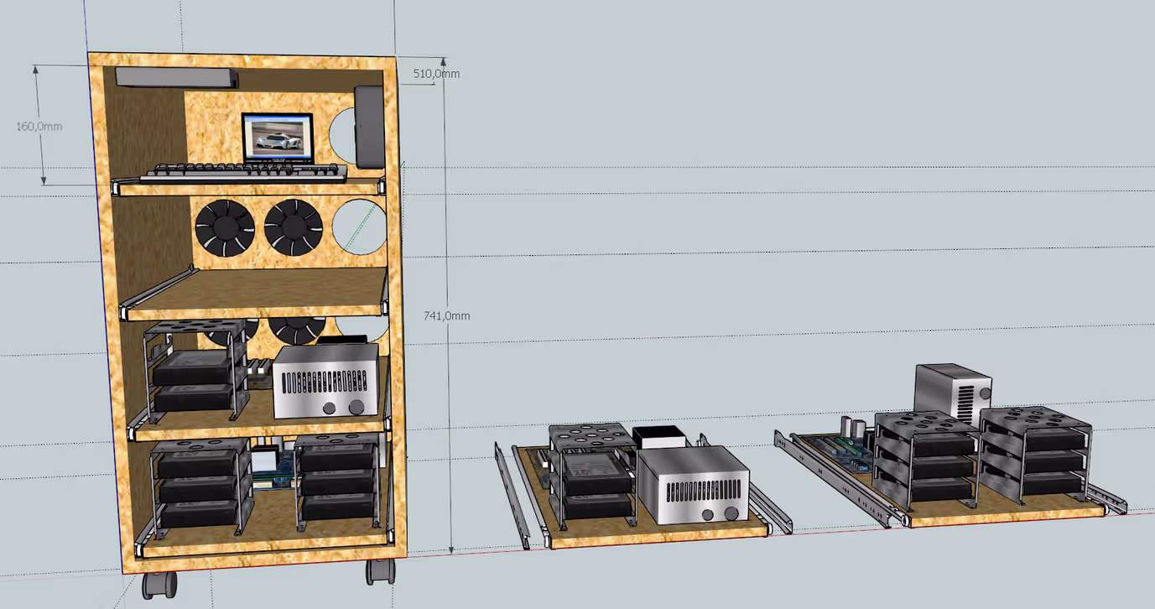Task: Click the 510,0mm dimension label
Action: pyautogui.click(x=436, y=74)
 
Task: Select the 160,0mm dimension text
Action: pyautogui.click(x=39, y=127)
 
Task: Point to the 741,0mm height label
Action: pyautogui.click(x=446, y=315)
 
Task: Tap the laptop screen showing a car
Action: pyautogui.click(x=278, y=137)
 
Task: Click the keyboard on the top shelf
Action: pyautogui.click(x=244, y=173)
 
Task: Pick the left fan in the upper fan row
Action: pyautogui.click(x=225, y=228)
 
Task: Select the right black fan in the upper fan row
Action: pyautogui.click(x=294, y=227)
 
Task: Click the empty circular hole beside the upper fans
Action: pyautogui.click(x=359, y=226)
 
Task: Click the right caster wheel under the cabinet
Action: pyautogui.click(x=381, y=571)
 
